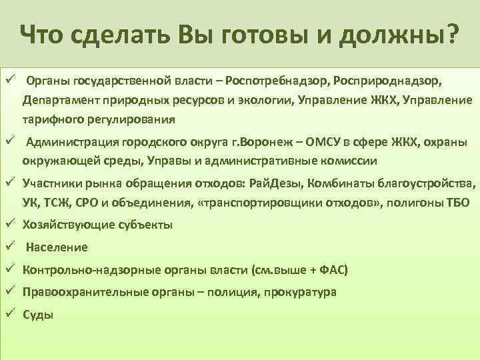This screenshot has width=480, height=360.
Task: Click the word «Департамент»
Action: point(57,101)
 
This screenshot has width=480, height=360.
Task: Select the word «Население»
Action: point(57,247)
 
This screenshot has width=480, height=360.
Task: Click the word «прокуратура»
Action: point(299,292)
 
